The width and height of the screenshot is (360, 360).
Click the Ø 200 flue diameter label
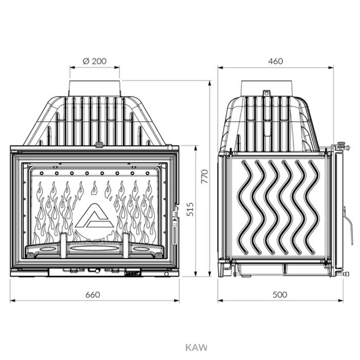tap(95, 61)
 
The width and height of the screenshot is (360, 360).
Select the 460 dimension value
tap(275, 61)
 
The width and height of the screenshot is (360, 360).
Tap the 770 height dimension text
tap(205, 176)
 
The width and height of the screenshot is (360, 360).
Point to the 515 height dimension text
tap(190, 209)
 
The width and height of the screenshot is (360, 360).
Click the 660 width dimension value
tap(93, 295)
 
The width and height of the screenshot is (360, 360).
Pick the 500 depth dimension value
tap(280, 295)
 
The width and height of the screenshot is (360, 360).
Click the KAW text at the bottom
tap(196, 347)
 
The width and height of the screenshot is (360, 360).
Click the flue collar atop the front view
tap(94, 88)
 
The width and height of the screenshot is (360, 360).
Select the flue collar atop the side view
tap(266, 88)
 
